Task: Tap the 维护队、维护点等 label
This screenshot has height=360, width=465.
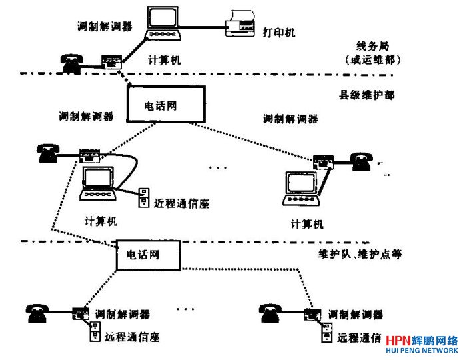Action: (360, 254)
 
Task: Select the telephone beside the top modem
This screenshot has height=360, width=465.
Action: (70, 62)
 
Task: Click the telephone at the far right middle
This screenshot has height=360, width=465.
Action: (360, 161)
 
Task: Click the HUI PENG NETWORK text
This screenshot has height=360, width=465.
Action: (422, 351)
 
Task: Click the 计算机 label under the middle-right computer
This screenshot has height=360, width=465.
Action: (307, 224)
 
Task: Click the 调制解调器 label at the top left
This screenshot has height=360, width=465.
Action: (105, 27)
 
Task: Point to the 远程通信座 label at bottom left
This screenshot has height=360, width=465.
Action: (132, 337)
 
